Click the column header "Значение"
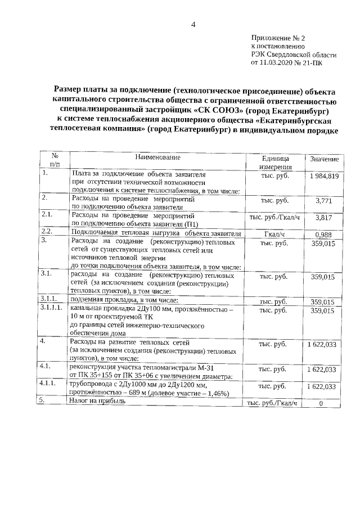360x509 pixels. pyautogui.click(x=324, y=160)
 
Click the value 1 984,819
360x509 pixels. pyautogui.click(x=323, y=177)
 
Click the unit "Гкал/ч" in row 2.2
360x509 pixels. pyautogui.click(x=276, y=234)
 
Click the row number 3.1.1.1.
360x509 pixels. pyautogui.click(x=52, y=309)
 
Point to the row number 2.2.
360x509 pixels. pyautogui.click(x=47, y=231)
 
